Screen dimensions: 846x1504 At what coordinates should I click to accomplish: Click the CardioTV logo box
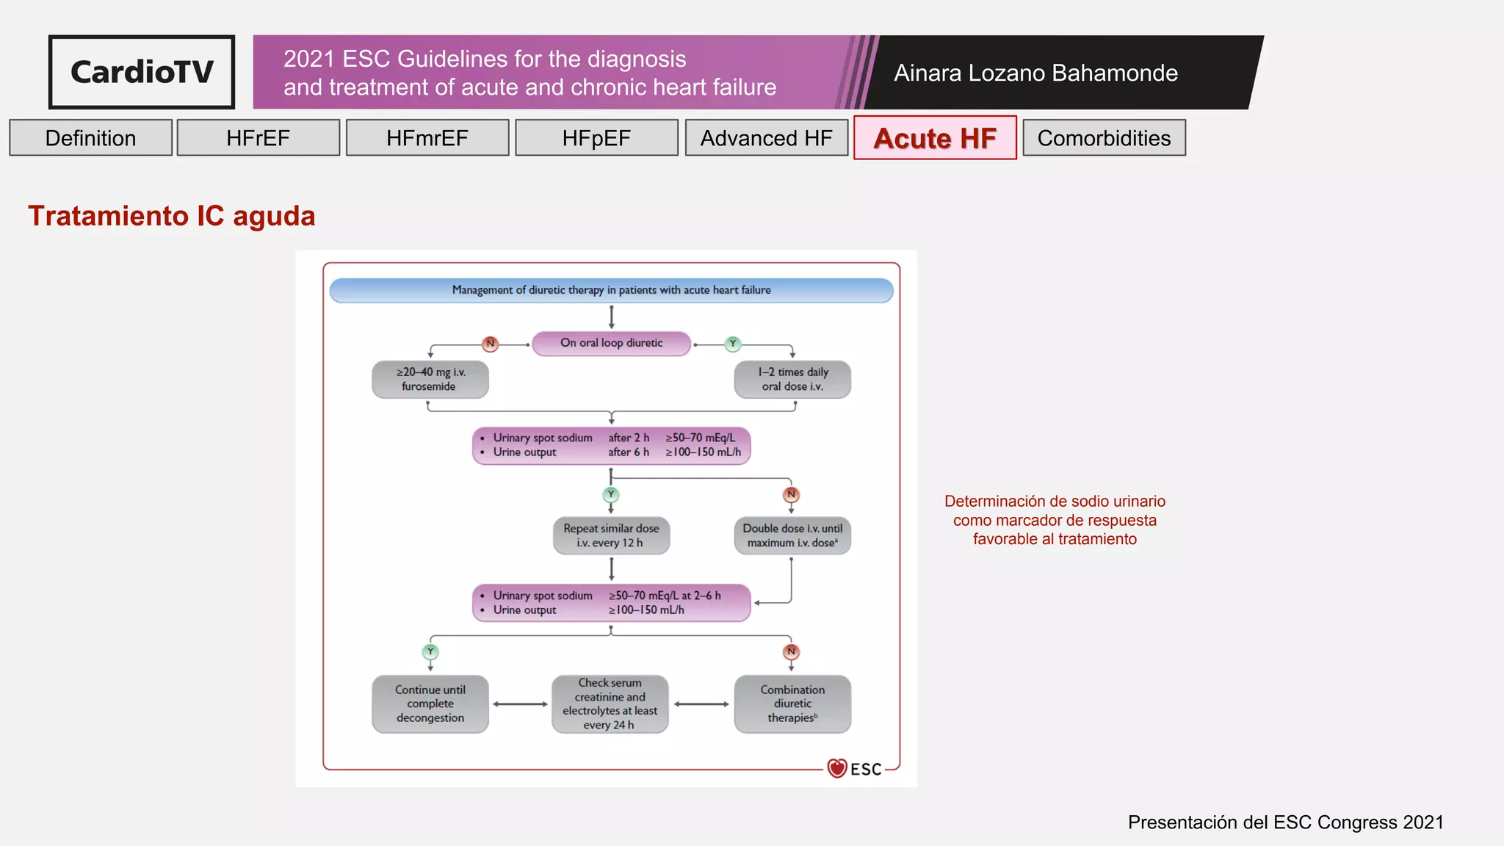[142, 72]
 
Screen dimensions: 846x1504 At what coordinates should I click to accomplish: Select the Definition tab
[90, 138]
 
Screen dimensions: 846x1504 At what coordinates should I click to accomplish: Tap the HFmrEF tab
[427, 138]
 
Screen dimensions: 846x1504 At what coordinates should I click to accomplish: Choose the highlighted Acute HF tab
[935, 138]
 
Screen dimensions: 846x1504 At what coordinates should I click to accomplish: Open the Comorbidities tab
[1104, 138]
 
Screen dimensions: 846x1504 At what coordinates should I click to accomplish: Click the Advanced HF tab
[766, 138]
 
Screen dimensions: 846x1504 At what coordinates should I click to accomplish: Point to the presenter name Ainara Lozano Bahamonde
[1035, 73]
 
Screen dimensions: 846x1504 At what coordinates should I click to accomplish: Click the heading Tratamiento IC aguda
[172, 216]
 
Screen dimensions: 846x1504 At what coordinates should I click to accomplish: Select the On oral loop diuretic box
[611, 343]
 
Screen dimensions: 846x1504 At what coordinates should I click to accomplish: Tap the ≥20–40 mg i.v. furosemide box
[430, 379]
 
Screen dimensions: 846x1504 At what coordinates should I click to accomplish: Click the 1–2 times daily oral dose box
[792, 379]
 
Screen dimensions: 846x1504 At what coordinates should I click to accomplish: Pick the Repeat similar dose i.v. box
[611, 535]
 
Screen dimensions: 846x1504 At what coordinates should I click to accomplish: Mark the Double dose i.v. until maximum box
[792, 535]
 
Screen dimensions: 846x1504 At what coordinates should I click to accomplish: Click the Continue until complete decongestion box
[430, 704]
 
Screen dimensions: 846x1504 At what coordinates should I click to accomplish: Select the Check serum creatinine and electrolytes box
[610, 704]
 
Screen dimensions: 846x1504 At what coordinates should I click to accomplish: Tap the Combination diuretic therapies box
[792, 704]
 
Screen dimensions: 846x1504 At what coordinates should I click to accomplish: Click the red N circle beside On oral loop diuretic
[490, 344]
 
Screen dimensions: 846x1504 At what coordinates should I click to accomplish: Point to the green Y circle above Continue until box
[430, 651]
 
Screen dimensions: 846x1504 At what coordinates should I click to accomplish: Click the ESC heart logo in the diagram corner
[837, 768]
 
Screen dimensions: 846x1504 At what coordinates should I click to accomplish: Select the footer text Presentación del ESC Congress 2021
[1285, 822]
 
